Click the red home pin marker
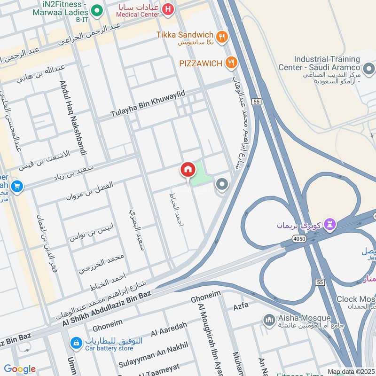coord(188,170)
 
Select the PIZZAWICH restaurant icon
coord(231,62)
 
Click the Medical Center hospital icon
coord(166,9)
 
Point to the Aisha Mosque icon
coord(269,320)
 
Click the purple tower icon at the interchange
coord(332,224)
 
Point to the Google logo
coord(20,369)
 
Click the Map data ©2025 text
coord(351,371)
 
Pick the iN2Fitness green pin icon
coord(97,9)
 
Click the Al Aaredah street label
coord(169,329)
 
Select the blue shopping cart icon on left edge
coord(17,187)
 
